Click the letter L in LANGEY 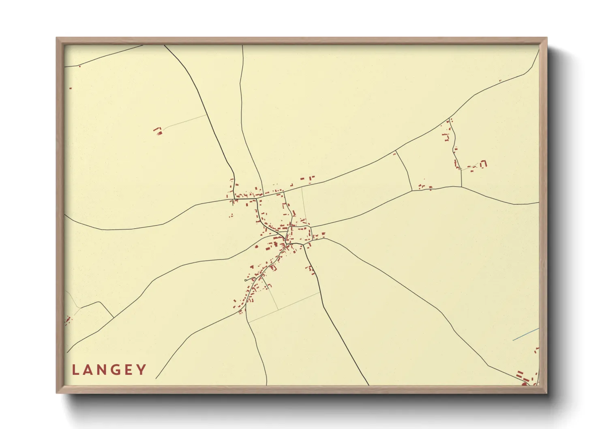[75, 370]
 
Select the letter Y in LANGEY [141, 370]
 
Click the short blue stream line [526, 334]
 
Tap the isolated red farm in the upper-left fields [158, 131]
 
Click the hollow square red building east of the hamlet [483, 164]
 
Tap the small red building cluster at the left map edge [68, 320]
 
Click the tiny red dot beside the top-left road [80, 66]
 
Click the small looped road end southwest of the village [247, 280]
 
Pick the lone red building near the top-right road [500, 81]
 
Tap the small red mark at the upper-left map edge [71, 88]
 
